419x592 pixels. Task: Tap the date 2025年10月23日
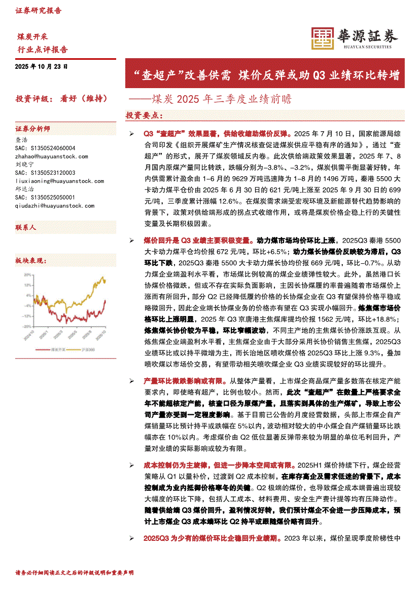[42, 66]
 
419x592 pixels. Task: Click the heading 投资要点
[144, 115]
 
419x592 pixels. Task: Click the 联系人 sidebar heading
[26, 228]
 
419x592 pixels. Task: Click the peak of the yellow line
[103, 278]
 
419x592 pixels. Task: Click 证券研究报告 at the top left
[39, 10]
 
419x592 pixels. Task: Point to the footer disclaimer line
[75, 572]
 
